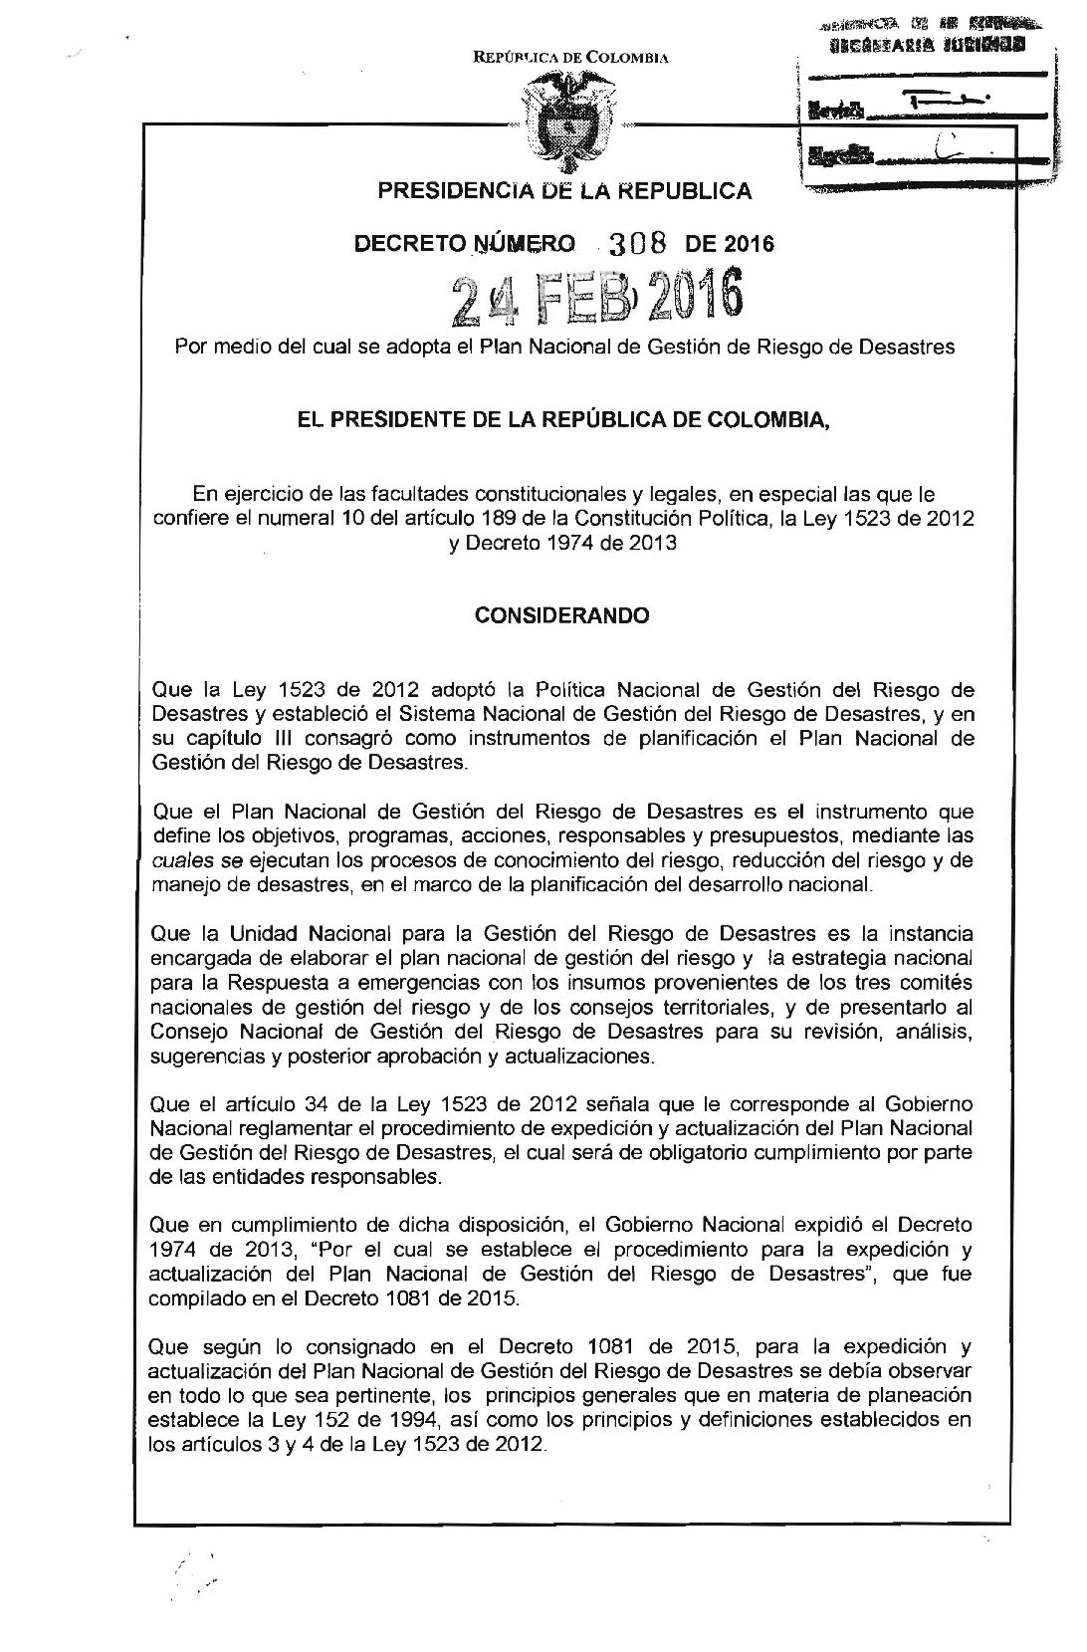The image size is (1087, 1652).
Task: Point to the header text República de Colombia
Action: tap(571, 58)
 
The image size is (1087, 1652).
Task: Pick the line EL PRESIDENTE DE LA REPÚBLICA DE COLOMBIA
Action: tap(562, 421)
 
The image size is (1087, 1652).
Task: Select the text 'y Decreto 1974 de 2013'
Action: tap(562, 544)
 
